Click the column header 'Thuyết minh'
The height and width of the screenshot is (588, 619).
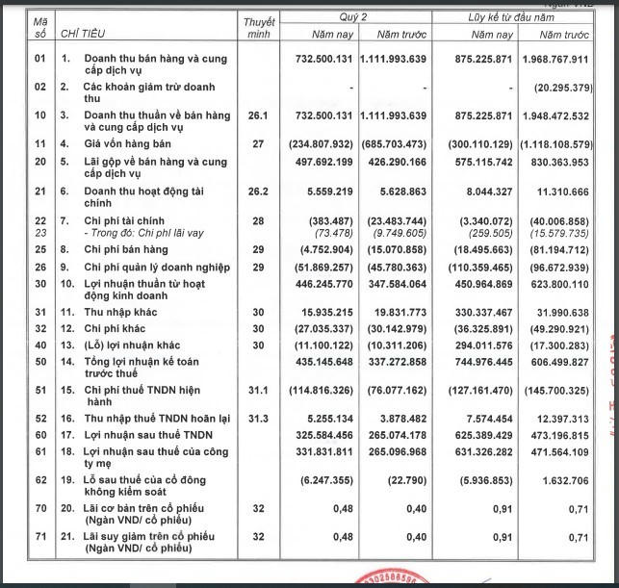[x=259, y=27]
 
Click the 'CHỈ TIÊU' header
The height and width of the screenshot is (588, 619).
[x=83, y=35]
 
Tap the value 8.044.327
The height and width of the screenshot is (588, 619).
[x=490, y=192]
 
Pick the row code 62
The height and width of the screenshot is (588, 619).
[x=40, y=477]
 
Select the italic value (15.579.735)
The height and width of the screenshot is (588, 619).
[x=561, y=232]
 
